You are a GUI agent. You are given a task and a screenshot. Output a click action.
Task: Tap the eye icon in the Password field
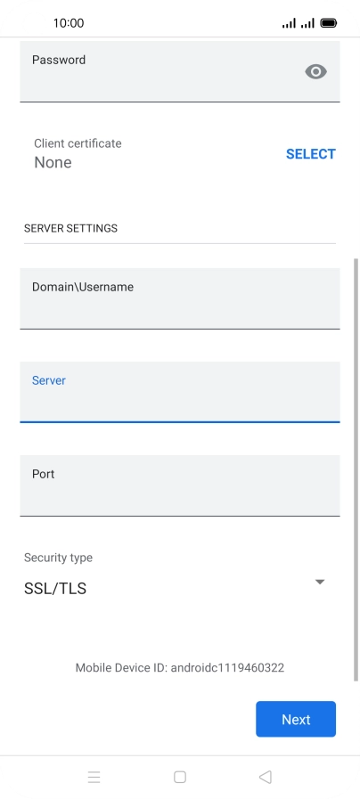[315, 72]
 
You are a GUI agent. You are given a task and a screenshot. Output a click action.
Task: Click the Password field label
[59, 60]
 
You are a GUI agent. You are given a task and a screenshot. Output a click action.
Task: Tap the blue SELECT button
[310, 154]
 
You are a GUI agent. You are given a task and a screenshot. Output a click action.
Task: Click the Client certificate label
[78, 143]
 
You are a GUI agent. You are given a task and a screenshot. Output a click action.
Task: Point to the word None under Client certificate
[53, 162]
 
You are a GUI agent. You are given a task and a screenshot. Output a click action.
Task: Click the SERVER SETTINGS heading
[71, 228]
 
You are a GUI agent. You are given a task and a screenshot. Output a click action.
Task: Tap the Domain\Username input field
[179, 298]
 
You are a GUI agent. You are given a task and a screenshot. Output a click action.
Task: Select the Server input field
[179, 392]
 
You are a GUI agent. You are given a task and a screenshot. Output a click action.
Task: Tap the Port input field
[179, 485]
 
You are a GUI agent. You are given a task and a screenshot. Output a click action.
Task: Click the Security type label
[58, 558]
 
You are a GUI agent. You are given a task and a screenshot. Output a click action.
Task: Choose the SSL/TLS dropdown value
[55, 589]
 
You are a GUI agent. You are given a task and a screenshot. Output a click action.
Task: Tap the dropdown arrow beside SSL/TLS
[320, 582]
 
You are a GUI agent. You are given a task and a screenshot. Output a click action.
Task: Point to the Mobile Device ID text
[179, 667]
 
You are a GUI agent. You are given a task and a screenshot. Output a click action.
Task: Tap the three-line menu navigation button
[94, 777]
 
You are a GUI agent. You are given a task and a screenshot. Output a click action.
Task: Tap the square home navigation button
[179, 777]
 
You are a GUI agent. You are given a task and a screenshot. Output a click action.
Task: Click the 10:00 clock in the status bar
[69, 23]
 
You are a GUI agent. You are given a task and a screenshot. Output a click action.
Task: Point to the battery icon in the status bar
[329, 23]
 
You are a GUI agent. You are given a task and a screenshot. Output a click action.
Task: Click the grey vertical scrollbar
[356, 469]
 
